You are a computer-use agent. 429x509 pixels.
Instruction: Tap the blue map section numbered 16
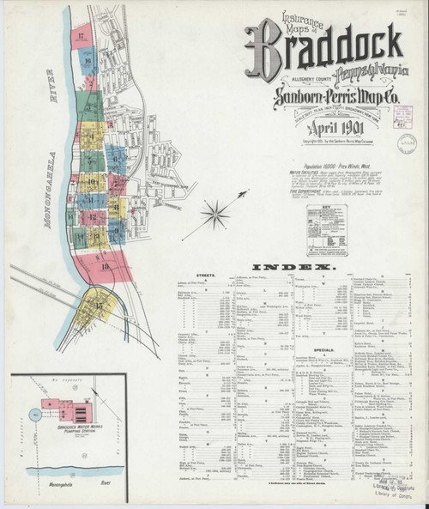88,60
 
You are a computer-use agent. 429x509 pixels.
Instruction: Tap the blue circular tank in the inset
33,413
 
